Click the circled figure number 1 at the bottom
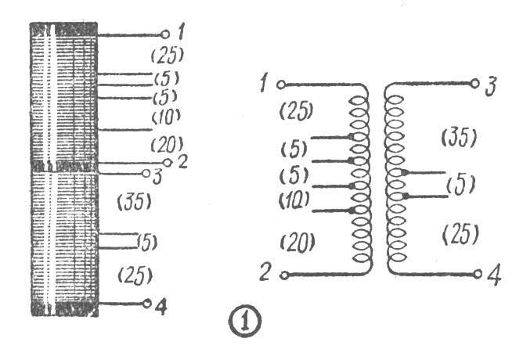(x=243, y=320)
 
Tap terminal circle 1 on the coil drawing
(x=164, y=34)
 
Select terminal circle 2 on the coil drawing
(x=167, y=162)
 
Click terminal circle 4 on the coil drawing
(x=146, y=304)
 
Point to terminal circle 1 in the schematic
(x=281, y=84)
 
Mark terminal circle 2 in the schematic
(x=284, y=275)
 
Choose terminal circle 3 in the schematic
(x=474, y=84)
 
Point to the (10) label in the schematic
(x=294, y=200)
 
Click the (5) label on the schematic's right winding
(x=460, y=185)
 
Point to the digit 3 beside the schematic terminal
(x=491, y=85)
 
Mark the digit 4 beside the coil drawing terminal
(x=161, y=306)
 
